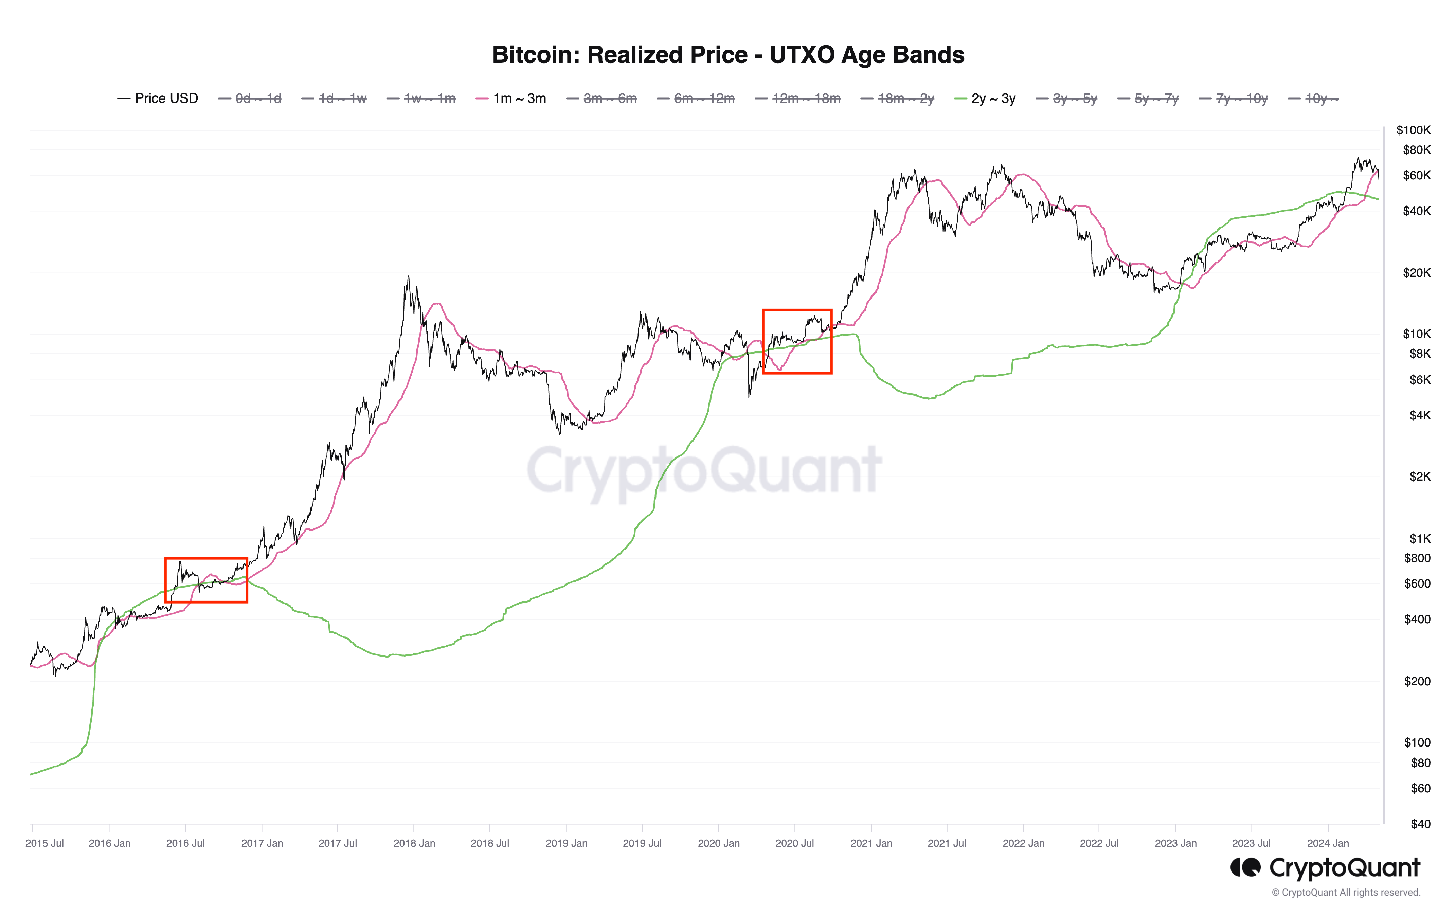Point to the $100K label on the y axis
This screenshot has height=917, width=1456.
click(1413, 130)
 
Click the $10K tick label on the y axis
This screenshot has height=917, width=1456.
click(1416, 334)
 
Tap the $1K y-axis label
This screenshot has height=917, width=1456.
click(1419, 538)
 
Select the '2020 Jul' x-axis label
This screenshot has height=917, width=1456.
click(794, 843)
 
